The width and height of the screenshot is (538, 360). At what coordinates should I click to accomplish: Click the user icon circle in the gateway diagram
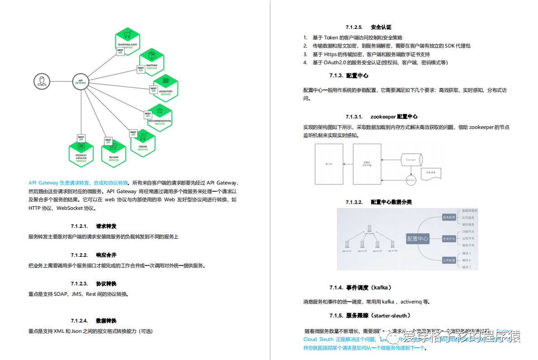41,81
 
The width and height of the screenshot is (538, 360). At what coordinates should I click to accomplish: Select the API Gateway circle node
80,82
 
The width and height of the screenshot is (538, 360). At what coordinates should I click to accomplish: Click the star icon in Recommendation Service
160,110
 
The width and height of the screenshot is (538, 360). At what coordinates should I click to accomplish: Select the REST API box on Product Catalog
81,138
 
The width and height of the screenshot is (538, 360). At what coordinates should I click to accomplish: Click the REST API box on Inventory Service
153,90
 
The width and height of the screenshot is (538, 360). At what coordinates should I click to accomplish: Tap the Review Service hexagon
113,153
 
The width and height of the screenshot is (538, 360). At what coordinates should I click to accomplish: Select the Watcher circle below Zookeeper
411,180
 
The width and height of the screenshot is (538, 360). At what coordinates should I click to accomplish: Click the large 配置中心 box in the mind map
418,238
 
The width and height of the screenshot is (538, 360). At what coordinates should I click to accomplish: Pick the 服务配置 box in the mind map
449,218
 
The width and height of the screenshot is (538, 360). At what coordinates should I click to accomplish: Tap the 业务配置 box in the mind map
449,260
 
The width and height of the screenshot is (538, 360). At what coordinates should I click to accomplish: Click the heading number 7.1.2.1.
79,226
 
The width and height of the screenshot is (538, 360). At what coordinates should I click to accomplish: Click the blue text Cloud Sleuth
318,339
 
